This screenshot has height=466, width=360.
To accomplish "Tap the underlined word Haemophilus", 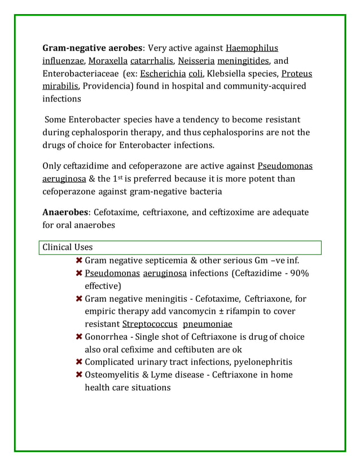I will pos(252,48).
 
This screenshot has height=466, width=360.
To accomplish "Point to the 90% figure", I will pos(298,273).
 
